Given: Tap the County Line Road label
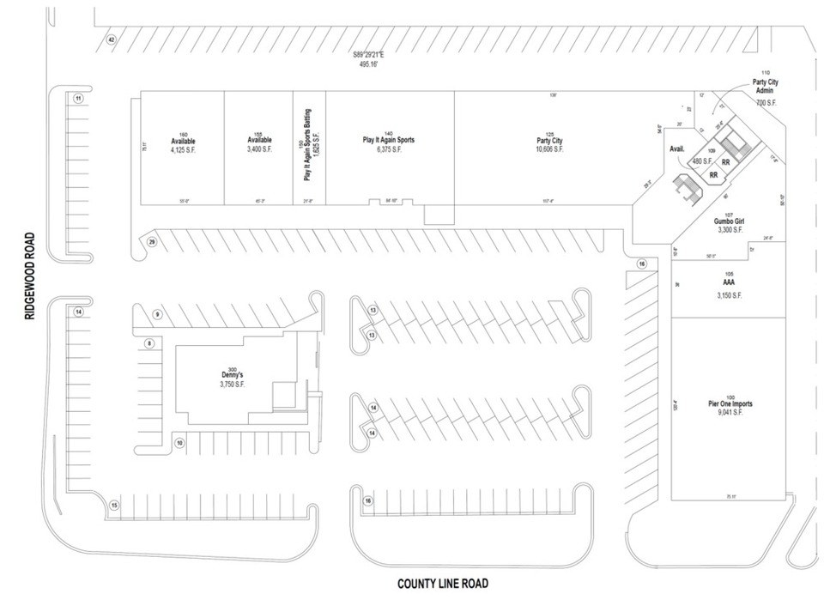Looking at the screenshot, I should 442,584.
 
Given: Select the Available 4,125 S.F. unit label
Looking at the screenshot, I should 183,144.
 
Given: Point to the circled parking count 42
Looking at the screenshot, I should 111,40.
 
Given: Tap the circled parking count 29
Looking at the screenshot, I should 151,242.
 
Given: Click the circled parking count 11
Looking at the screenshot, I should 78,99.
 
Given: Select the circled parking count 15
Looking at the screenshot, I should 114,506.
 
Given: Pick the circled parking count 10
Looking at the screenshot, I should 179,443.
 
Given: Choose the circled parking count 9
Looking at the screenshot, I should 157,315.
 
